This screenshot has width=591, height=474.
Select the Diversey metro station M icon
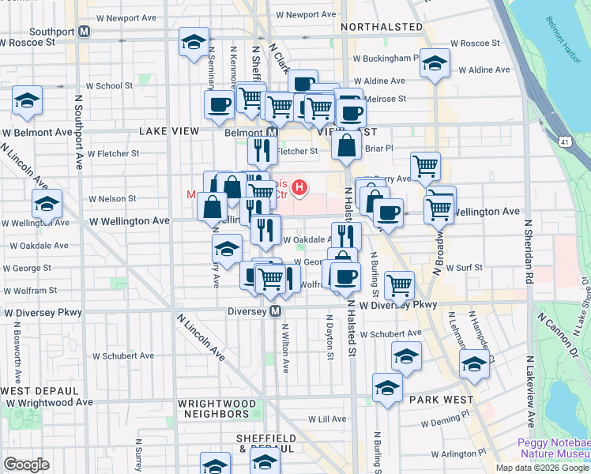276,311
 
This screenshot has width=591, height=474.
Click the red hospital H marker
300,187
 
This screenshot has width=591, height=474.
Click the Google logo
27,465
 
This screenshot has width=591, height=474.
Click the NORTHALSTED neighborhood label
382,27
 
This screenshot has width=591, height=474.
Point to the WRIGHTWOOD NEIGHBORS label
218,408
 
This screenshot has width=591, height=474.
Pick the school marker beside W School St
28,100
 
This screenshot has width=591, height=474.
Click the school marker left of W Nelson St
47,204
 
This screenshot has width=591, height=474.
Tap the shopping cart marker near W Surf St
400,284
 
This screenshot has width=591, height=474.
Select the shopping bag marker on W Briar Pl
347,145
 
